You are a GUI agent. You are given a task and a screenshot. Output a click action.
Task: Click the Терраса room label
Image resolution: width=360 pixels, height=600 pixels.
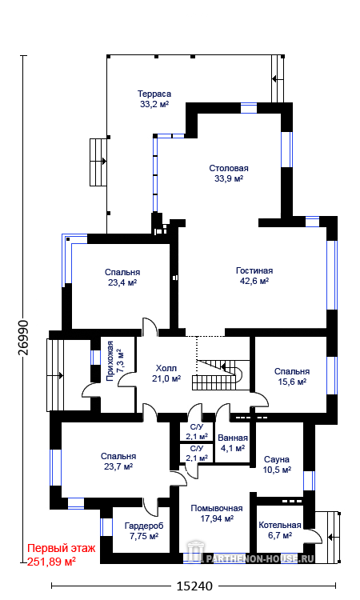click(154, 94)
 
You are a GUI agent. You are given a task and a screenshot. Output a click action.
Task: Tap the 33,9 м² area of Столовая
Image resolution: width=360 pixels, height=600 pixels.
click(229, 178)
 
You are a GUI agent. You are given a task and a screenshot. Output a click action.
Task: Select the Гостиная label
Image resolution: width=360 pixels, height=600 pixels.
click(254, 270)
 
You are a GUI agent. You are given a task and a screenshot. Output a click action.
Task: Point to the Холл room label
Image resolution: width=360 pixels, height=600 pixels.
click(166, 368)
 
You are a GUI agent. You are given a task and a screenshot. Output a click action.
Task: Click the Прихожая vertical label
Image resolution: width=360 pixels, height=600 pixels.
click(110, 362)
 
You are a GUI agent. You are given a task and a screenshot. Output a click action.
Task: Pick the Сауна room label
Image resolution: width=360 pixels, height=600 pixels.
click(277, 459)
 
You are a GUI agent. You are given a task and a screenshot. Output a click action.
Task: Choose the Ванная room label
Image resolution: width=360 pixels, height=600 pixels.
click(233, 438)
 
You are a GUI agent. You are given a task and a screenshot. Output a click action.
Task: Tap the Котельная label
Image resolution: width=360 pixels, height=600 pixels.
click(280, 525)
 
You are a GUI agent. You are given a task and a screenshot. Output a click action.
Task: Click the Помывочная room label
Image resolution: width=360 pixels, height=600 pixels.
click(217, 508)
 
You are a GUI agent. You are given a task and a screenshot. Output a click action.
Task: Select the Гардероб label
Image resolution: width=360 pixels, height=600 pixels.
click(144, 526)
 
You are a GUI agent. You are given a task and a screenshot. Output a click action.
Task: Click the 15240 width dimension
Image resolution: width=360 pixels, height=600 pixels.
click(194, 586)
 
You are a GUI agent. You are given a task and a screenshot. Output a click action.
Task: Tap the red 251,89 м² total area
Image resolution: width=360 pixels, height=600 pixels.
click(51, 562)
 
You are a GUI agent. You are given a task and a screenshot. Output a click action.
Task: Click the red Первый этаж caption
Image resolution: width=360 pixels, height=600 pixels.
click(62, 548)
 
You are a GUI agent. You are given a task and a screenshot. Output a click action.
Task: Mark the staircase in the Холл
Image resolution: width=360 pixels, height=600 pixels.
click(218, 374)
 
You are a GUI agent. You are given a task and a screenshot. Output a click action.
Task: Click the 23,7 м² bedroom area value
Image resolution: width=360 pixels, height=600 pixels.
click(118, 466)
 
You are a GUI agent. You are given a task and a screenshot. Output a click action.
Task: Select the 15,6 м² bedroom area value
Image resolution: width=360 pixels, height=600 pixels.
click(291, 382)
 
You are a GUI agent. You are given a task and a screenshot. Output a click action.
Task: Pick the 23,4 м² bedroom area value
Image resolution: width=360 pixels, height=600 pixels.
click(122, 282)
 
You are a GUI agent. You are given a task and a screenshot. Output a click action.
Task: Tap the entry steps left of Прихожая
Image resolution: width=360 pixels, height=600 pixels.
click(55, 375)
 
